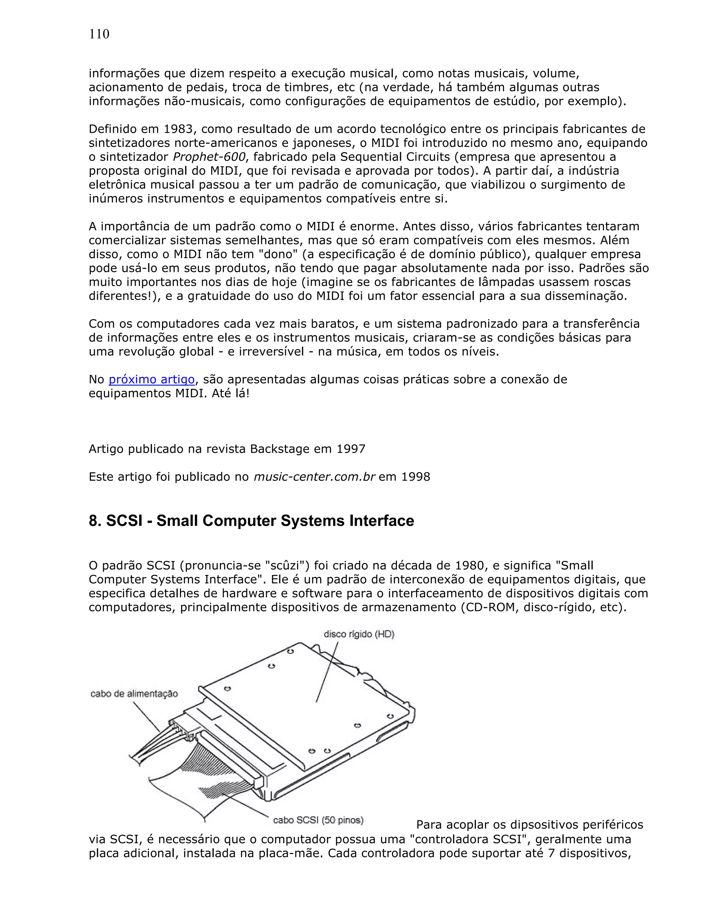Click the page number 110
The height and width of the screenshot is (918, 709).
[x=99, y=34]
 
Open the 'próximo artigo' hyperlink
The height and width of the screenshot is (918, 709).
[x=152, y=380]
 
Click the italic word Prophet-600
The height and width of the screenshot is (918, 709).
[x=209, y=157]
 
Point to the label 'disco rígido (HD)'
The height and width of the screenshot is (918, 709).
[x=359, y=634]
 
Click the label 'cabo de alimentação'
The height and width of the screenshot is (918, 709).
[x=134, y=694]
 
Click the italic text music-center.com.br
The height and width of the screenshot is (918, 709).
[x=314, y=477]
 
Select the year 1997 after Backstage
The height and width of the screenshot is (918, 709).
[x=351, y=449]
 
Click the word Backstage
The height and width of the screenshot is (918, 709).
[x=280, y=449]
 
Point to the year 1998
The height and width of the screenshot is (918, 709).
[x=416, y=477]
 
